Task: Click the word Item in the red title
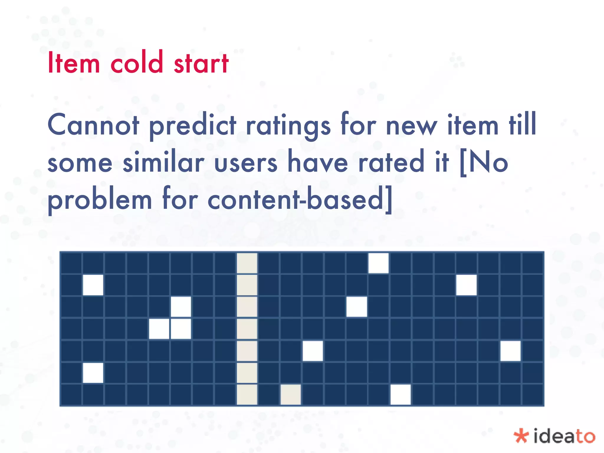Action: pos(74,63)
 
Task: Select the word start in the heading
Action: pos(201,63)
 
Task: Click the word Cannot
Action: pos(93,125)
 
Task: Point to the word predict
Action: pos(193,126)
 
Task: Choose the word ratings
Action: pos(288,126)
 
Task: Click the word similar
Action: pos(163,162)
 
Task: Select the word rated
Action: pos(391,162)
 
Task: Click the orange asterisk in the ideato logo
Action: pos(521,436)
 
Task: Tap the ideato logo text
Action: pos(564,436)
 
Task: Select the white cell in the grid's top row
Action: pos(379,263)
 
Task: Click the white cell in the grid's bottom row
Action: pos(401,395)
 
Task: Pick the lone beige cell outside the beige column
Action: pos(291,395)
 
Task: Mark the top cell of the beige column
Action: pos(247,263)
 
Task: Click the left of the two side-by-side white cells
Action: pos(159,329)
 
